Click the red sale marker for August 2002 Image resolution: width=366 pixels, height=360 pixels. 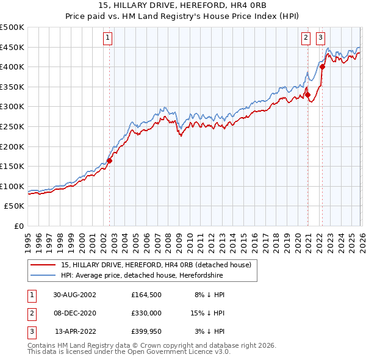[x=110, y=160]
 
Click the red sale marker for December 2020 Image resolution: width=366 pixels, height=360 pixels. [x=307, y=95]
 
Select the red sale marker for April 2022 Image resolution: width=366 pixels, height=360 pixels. [x=322, y=67]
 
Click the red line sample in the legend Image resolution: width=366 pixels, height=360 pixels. [x=43, y=264]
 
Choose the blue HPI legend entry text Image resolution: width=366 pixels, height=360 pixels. [x=142, y=275]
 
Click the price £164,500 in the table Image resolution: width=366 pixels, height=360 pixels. [x=146, y=294]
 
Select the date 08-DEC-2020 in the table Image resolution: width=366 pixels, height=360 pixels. [x=75, y=313]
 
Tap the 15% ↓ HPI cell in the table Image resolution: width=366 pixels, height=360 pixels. [x=208, y=313]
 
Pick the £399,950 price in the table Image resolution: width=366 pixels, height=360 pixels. [x=146, y=332]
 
